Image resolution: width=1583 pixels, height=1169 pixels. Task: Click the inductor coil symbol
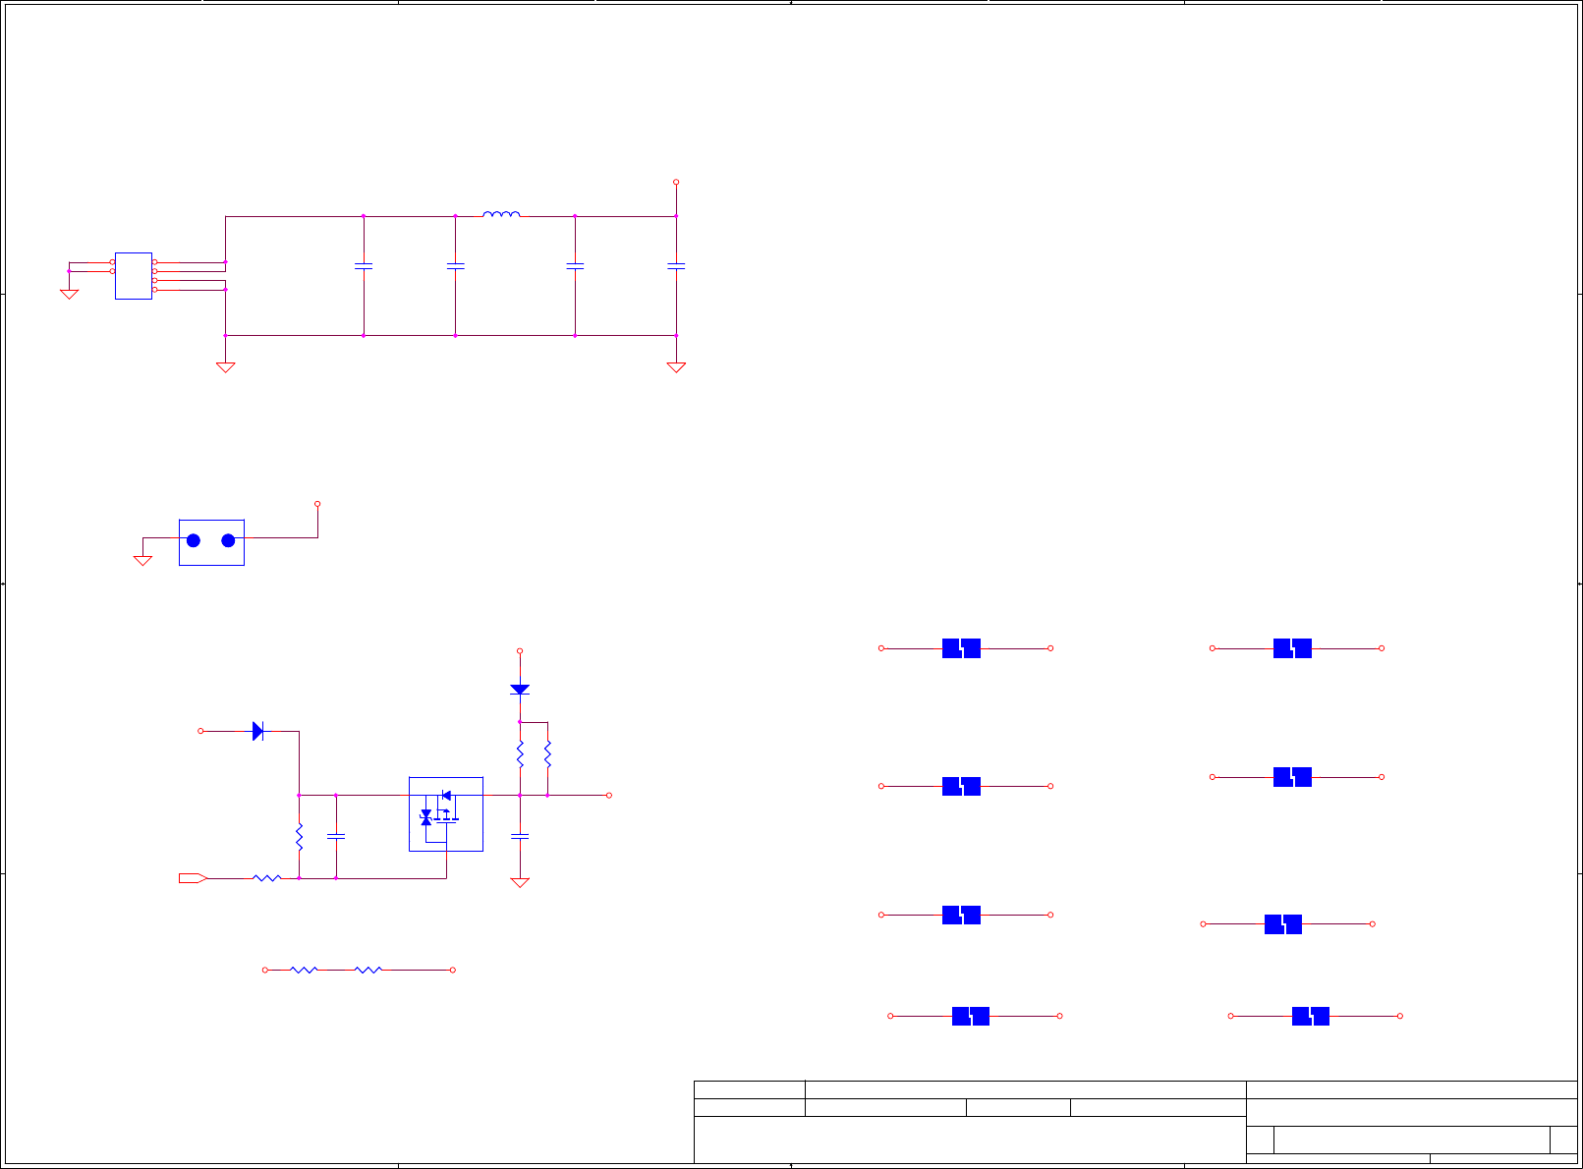(x=501, y=213)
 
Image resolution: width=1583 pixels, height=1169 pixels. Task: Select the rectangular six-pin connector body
(x=134, y=276)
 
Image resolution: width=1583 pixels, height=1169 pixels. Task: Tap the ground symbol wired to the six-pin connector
(x=69, y=293)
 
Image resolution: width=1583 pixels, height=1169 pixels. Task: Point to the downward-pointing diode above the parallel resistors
(x=520, y=690)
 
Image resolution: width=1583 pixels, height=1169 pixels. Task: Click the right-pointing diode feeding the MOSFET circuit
(x=257, y=731)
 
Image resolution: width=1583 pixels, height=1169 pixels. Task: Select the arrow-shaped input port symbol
(x=193, y=878)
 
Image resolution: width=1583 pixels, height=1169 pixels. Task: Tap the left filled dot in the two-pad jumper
(x=194, y=540)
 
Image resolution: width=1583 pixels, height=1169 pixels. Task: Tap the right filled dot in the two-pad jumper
(x=228, y=540)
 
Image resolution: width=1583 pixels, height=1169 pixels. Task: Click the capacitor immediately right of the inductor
(x=575, y=265)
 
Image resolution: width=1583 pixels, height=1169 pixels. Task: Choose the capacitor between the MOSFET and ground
(x=520, y=836)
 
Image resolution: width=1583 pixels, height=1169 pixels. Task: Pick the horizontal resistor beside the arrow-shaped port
(x=267, y=878)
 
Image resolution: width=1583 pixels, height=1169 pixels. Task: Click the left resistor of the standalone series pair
(x=304, y=970)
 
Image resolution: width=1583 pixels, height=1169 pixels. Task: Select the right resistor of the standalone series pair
(x=368, y=970)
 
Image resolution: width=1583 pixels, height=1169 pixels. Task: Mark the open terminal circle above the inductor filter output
(x=676, y=182)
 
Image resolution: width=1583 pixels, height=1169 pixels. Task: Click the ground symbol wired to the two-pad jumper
(x=142, y=560)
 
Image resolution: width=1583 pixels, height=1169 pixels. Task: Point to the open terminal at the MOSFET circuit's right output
(x=609, y=795)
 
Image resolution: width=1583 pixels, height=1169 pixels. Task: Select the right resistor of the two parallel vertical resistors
(x=547, y=754)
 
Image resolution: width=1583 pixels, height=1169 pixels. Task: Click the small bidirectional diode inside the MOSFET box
(x=425, y=817)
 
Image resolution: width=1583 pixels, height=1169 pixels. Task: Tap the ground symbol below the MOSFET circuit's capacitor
(x=520, y=882)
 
